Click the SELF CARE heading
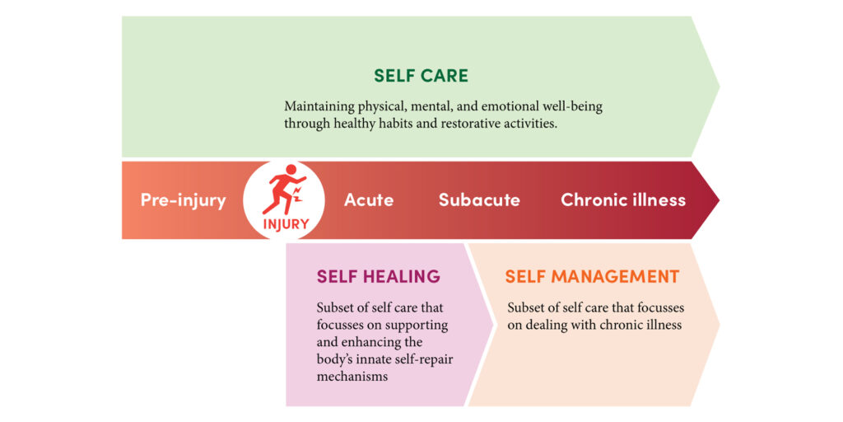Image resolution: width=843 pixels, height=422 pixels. (x=421, y=76)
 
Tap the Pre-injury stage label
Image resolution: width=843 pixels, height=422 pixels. (x=184, y=200)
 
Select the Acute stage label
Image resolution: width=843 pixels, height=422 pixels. (x=369, y=200)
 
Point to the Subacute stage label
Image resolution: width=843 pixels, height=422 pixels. (x=480, y=200)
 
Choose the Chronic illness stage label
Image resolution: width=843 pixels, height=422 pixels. (x=623, y=200)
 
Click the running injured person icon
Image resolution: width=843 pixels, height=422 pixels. (x=284, y=190)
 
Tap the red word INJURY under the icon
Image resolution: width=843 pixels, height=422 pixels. (x=286, y=224)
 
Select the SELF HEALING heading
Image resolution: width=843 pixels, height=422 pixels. (x=379, y=277)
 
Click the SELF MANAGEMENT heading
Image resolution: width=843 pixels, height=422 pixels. (x=592, y=277)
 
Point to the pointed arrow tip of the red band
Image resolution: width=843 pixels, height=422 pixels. (x=719, y=199)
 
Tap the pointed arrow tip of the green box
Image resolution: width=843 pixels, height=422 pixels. (x=719, y=87)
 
